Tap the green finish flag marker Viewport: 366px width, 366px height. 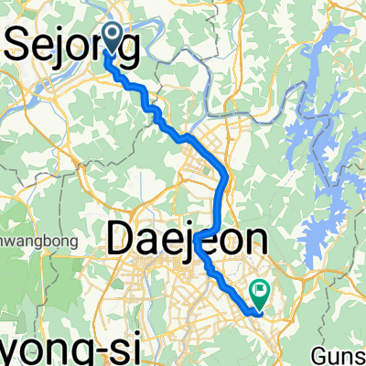click(261, 294)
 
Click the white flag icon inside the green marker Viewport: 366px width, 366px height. click(261, 293)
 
